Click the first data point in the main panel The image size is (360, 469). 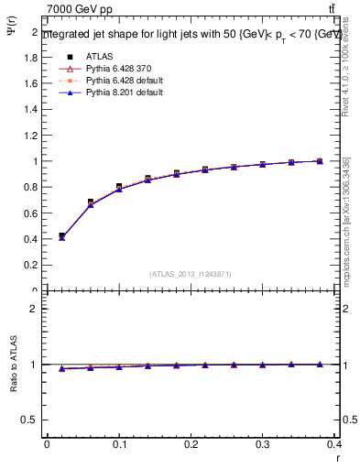point(61,236)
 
